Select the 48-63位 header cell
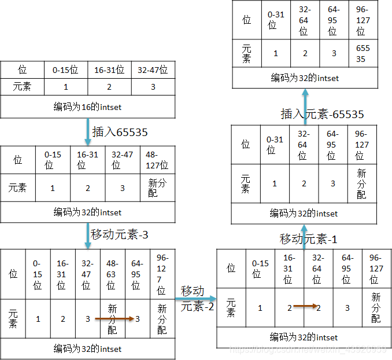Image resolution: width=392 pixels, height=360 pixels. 112,274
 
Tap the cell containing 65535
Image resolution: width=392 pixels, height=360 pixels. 362,53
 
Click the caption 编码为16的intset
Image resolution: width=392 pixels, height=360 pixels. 87,107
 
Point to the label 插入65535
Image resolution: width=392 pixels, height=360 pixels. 119,132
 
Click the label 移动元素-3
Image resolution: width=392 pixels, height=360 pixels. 120,235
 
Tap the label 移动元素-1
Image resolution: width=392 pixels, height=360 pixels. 309,238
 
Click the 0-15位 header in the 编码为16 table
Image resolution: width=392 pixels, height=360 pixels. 66,70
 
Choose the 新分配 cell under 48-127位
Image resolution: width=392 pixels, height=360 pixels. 157,188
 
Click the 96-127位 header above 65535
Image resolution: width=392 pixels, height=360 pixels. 362,20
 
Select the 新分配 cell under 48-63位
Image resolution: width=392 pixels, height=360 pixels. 112,318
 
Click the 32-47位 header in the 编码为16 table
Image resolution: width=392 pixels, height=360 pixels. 153,70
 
